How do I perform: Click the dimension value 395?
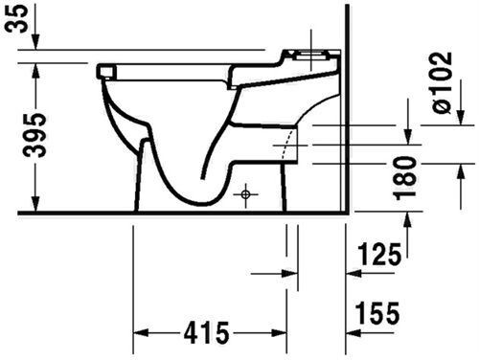pyautogui.click(x=35, y=134)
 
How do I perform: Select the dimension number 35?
pyautogui.click(x=15, y=19)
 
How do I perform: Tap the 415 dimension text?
pyautogui.click(x=206, y=333)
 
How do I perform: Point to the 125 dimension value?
pyautogui.click(x=379, y=255)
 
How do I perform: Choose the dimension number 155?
pyautogui.click(x=377, y=313)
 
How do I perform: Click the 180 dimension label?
pyautogui.click(x=405, y=178)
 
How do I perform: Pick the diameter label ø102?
pyautogui.click(x=443, y=82)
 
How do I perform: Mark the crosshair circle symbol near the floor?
pyautogui.click(x=245, y=194)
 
